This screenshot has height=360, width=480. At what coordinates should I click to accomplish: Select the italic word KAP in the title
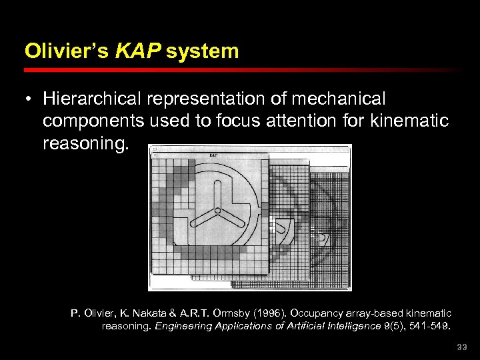[x=138, y=51]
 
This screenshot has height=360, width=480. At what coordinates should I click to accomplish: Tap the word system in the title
[x=203, y=51]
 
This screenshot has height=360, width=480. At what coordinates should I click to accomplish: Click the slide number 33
[x=462, y=347]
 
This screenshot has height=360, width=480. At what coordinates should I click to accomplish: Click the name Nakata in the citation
[x=149, y=313]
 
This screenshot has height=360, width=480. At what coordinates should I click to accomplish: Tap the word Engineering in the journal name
[x=186, y=326]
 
